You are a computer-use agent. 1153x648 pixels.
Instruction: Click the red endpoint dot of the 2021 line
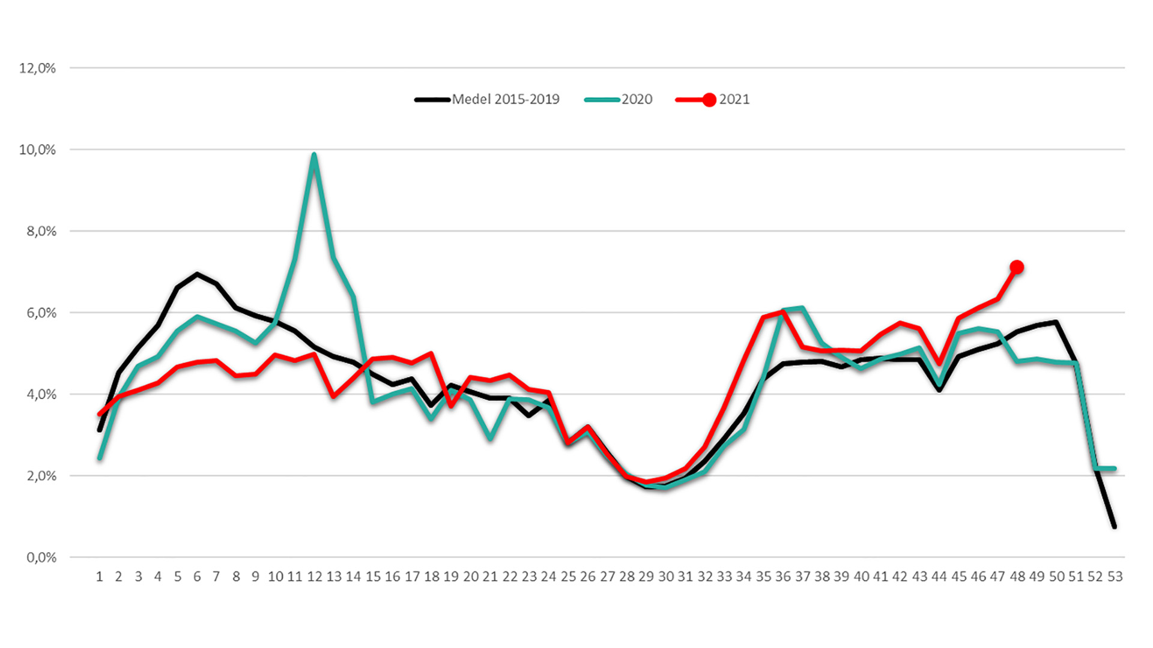pos(1017,267)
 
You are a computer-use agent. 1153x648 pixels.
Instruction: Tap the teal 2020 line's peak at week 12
pos(314,155)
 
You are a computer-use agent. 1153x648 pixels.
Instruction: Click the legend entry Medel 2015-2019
pos(487,100)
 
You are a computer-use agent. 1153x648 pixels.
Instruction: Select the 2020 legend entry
pos(619,100)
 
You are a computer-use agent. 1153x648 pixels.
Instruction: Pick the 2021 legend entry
pos(713,100)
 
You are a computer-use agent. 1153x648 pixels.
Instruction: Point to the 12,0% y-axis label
pos(37,68)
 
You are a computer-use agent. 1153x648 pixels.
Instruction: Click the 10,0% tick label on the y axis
pos(37,150)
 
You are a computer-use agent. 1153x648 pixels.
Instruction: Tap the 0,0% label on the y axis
pos(41,557)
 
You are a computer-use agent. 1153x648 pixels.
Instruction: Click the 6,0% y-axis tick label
pos(41,313)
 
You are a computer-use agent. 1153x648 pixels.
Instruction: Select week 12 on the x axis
pos(315,577)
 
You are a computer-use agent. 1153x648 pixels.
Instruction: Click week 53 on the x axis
pos(1115,577)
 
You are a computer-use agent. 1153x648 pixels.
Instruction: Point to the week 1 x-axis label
pos(100,577)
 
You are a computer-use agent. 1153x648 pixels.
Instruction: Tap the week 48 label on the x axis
pos(1017,577)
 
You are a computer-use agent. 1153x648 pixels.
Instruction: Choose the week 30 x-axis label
pos(666,577)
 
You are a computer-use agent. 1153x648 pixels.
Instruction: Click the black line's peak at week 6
pos(197,274)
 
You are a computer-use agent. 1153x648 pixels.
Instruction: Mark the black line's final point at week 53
pos(1115,526)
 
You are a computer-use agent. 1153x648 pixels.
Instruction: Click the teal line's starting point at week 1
pos(100,458)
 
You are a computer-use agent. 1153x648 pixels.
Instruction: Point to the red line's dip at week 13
pos(334,397)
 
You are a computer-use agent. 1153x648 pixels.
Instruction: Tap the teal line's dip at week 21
pos(491,439)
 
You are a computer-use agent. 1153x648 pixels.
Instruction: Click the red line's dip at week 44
pos(939,364)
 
